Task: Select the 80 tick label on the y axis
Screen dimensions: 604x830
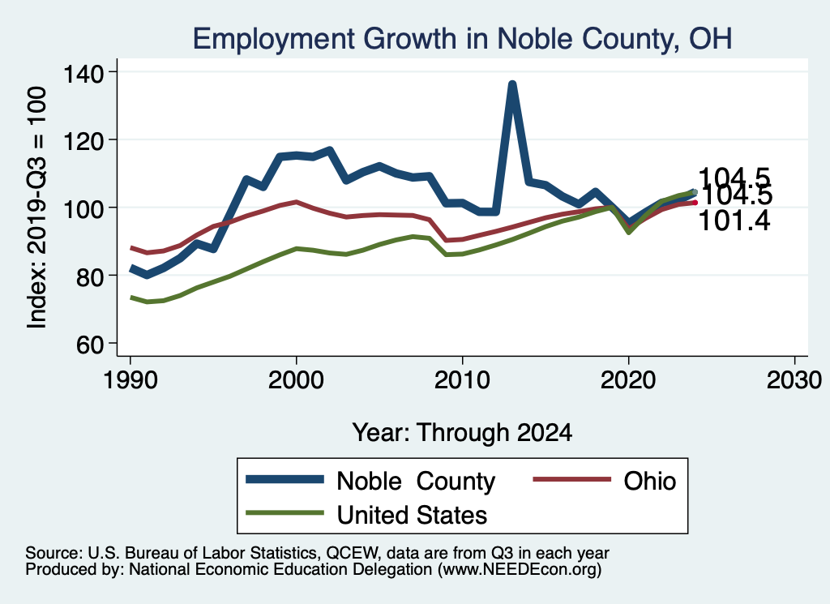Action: point(91,276)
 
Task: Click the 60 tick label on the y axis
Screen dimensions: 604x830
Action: point(91,344)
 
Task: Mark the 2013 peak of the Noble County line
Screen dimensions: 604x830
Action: point(512,84)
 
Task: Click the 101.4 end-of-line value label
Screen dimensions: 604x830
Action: point(734,220)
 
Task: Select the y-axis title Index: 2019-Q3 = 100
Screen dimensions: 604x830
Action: point(36,208)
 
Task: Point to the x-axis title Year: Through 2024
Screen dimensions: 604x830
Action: point(462,432)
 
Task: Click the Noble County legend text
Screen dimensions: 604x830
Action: point(416,482)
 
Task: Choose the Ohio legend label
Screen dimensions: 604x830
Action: point(649,481)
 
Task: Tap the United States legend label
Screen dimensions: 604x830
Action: point(412,514)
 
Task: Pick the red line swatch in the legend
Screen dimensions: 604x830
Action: point(571,482)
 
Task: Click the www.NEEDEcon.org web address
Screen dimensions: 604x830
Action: point(519,570)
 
